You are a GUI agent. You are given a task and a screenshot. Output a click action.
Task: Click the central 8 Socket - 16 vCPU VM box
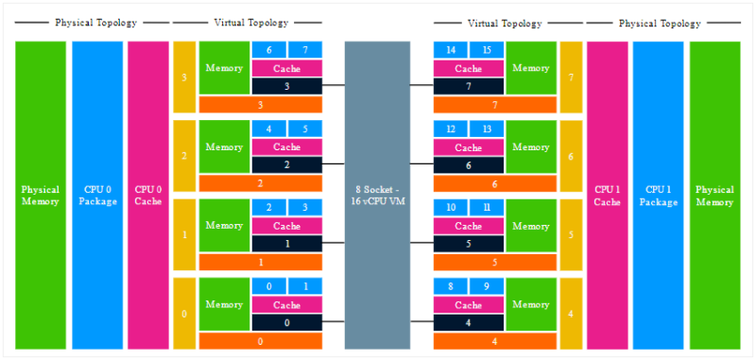[377, 195]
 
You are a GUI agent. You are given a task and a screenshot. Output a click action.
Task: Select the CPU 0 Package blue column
[97, 195]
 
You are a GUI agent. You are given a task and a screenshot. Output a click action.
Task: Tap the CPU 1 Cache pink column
[607, 195]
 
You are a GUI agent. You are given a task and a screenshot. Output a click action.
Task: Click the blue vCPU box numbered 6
[269, 49]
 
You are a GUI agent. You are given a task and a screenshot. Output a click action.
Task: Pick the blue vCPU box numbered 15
[486, 49]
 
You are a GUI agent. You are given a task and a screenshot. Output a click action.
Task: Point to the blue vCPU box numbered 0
[269, 286]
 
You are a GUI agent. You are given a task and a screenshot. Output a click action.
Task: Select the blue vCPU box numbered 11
[486, 207]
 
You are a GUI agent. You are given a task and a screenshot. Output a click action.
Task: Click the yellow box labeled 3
[184, 77]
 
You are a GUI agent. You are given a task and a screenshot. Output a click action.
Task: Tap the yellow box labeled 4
[571, 313]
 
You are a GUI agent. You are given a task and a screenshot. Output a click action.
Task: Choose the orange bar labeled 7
[495, 105]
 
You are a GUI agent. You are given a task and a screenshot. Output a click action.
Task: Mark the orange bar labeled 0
[260, 341]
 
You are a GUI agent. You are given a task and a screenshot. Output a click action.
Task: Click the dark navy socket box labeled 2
[287, 165]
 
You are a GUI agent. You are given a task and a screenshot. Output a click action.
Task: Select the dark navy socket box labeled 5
[468, 244]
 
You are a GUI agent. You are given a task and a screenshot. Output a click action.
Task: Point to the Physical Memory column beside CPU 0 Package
[41, 195]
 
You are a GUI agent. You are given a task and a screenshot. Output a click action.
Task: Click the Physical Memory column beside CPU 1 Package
[714, 195]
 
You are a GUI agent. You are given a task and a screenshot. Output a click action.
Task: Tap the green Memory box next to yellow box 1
[224, 226]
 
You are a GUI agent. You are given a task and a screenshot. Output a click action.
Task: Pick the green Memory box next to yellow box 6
[531, 147]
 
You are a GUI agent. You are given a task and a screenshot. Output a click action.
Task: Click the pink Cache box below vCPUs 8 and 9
[468, 305]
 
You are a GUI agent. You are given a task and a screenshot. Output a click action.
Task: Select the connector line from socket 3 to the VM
[334, 86]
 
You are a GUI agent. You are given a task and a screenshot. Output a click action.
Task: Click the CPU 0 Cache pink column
[148, 195]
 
